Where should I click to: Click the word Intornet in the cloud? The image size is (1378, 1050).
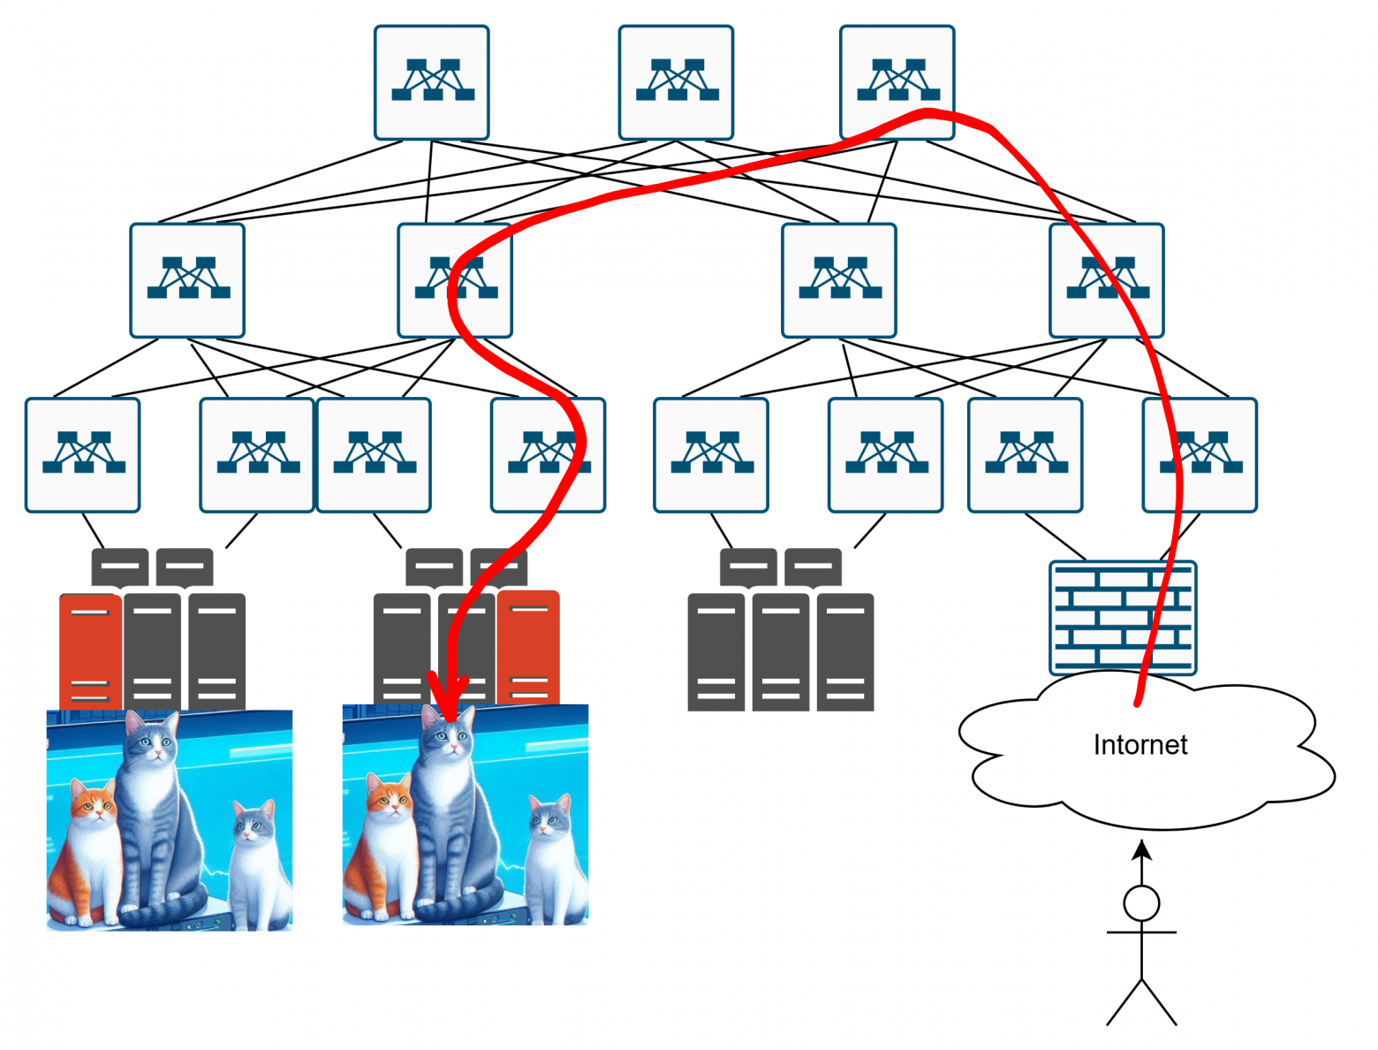tap(1139, 745)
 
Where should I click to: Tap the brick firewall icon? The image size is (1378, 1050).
tap(1122, 618)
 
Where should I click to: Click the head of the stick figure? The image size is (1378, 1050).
tap(1141, 903)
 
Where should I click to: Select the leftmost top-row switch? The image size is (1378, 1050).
tap(432, 82)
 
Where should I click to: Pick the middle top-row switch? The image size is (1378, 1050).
tap(676, 82)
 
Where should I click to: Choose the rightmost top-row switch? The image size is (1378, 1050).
tap(897, 82)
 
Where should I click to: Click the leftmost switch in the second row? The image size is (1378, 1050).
tap(187, 280)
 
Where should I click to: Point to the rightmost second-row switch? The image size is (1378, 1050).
tap(1106, 280)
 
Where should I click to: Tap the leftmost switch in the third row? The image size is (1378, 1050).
tap(83, 454)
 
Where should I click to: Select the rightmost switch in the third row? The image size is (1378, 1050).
tap(1199, 454)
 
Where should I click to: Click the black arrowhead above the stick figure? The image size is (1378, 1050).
tap(1142, 850)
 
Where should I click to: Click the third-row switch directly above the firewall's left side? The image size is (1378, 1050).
tap(1025, 454)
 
